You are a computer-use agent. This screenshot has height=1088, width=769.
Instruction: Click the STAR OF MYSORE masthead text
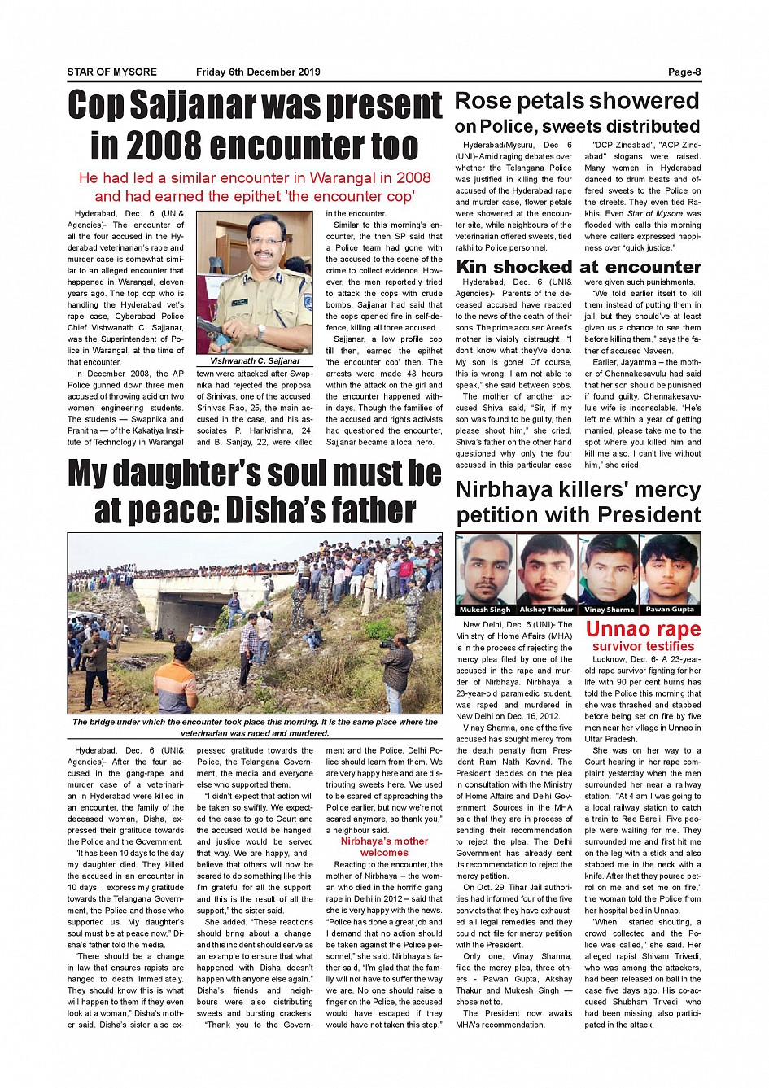click(112, 72)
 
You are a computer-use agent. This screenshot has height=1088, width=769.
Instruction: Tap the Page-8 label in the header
click(684, 72)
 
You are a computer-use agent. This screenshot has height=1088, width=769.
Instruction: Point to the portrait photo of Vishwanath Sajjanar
click(255, 282)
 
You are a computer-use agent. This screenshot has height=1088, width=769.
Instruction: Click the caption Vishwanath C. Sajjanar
click(255, 360)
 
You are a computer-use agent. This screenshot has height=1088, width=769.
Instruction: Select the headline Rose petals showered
click(576, 102)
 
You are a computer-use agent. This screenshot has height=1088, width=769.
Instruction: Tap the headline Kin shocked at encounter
click(578, 267)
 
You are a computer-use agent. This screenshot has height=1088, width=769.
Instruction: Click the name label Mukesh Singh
click(485, 610)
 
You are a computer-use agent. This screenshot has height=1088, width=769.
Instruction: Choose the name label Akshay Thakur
click(546, 610)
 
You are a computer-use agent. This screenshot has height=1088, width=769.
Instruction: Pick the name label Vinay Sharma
click(609, 610)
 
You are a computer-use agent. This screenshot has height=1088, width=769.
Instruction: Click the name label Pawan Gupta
click(670, 610)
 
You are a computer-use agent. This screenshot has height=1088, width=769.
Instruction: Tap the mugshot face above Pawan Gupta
click(670, 569)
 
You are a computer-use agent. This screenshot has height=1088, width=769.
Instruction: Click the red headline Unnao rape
click(643, 629)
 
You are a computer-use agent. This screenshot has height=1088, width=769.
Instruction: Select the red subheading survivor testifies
click(643, 646)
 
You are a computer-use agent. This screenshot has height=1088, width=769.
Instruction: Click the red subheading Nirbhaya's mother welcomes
click(384, 847)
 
